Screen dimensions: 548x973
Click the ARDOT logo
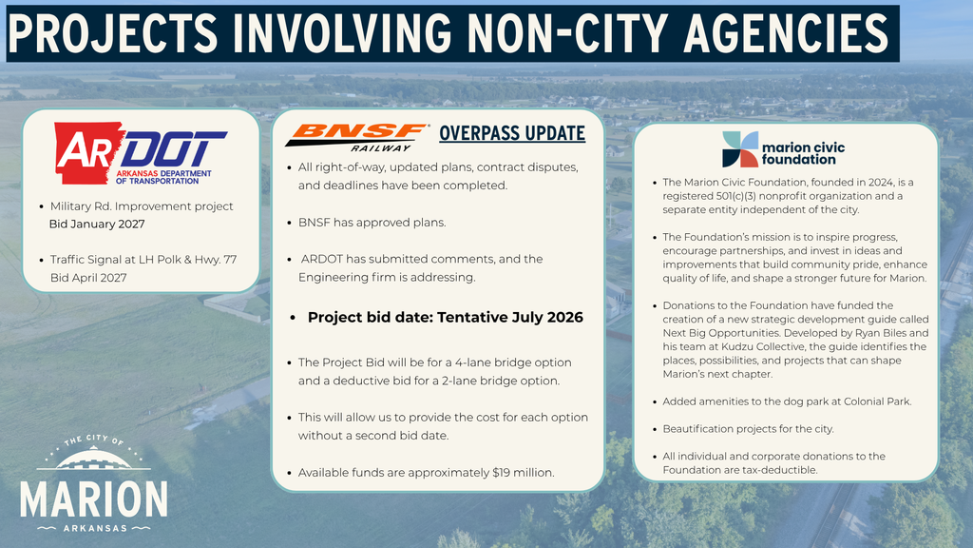point(140,156)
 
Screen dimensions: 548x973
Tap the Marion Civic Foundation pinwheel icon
point(741,149)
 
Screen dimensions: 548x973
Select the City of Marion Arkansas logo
point(94,484)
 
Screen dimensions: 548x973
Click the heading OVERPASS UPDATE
point(511,133)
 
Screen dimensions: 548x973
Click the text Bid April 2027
point(88,277)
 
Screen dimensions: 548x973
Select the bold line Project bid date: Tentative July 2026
point(445,317)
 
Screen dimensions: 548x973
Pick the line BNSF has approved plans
point(372,222)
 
